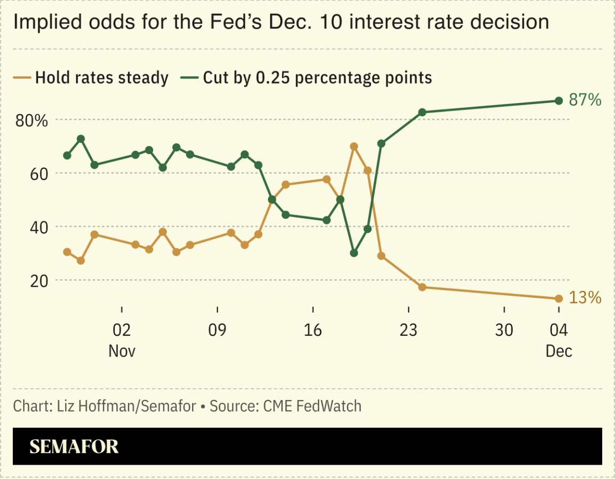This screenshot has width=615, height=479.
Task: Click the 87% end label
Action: click(x=585, y=100)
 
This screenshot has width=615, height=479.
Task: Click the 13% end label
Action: click(x=585, y=297)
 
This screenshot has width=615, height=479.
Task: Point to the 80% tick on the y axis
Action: click(x=31, y=121)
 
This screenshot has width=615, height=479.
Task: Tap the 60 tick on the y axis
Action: click(x=38, y=174)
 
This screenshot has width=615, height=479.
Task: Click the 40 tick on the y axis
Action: click(x=38, y=227)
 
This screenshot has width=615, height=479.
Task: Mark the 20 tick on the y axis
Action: click(x=38, y=280)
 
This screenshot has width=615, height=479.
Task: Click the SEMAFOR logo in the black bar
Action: click(x=74, y=446)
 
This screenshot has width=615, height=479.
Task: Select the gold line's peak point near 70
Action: click(x=353, y=146)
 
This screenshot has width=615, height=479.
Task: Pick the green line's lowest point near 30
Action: click(x=353, y=253)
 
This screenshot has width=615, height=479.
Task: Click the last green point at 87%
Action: click(x=558, y=100)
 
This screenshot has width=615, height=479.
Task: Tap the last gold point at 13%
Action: click(x=558, y=299)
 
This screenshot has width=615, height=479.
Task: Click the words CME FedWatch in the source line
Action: click(x=312, y=406)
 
